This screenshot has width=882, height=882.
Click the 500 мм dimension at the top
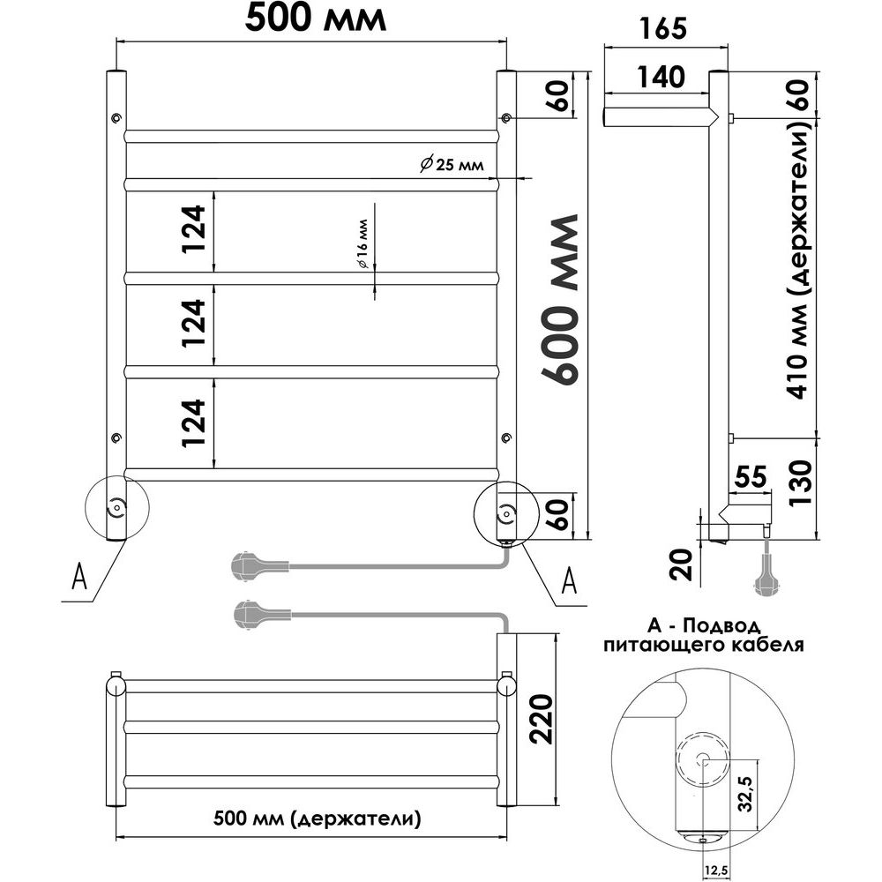pyautogui.click(x=316, y=18)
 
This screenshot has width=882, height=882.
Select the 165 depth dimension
pyautogui.click(x=663, y=28)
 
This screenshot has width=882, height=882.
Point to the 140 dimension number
pyautogui.click(x=661, y=77)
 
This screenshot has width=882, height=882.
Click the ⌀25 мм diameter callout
pyautogui.click(x=452, y=164)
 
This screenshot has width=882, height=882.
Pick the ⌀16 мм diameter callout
pyautogui.click(x=362, y=243)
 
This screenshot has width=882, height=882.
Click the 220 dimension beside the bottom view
pyautogui.click(x=542, y=719)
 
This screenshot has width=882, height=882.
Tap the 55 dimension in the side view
pyautogui.click(x=751, y=476)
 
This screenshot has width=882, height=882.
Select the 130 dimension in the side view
pyautogui.click(x=801, y=483)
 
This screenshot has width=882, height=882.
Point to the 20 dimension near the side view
pyautogui.click(x=682, y=564)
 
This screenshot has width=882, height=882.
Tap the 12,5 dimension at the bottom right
pyautogui.click(x=715, y=871)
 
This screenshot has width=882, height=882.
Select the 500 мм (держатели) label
pyautogui.click(x=317, y=818)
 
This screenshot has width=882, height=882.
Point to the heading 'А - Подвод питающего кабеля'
pyautogui.click(x=704, y=635)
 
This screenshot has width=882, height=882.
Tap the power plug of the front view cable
pyautogui.click(x=250, y=565)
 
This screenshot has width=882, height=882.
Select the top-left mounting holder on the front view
pyautogui.click(x=116, y=117)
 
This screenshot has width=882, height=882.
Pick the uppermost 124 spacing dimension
pyautogui.click(x=195, y=229)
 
